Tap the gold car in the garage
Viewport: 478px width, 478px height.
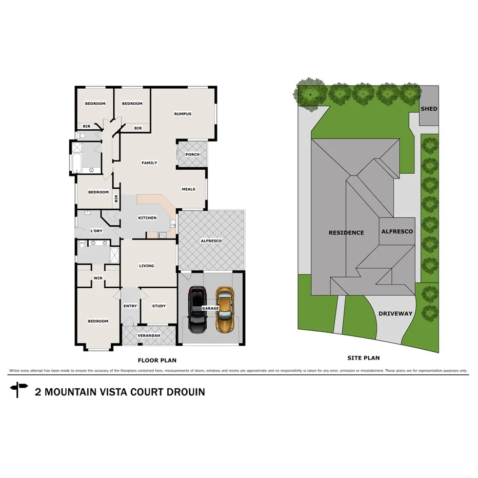pos(224,309)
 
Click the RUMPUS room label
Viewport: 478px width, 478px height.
pos(183,114)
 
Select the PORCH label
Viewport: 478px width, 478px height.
pos(192,154)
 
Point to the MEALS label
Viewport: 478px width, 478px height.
pos(188,189)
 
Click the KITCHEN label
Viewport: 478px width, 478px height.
pos(147,218)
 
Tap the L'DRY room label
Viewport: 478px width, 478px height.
pos(96,231)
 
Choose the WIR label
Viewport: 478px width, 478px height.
pos(98,278)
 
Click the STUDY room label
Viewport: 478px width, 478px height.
pos(159,306)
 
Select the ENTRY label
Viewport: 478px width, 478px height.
pos(130,306)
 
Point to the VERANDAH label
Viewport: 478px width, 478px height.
pos(149,335)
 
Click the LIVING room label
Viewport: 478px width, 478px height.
pos(147,266)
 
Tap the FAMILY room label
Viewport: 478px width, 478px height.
pos(149,163)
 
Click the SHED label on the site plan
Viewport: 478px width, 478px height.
pos(429,109)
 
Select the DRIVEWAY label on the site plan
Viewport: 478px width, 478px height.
pos(395,313)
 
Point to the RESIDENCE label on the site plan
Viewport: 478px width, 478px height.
pos(346,232)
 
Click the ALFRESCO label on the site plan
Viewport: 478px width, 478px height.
pos(397,231)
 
